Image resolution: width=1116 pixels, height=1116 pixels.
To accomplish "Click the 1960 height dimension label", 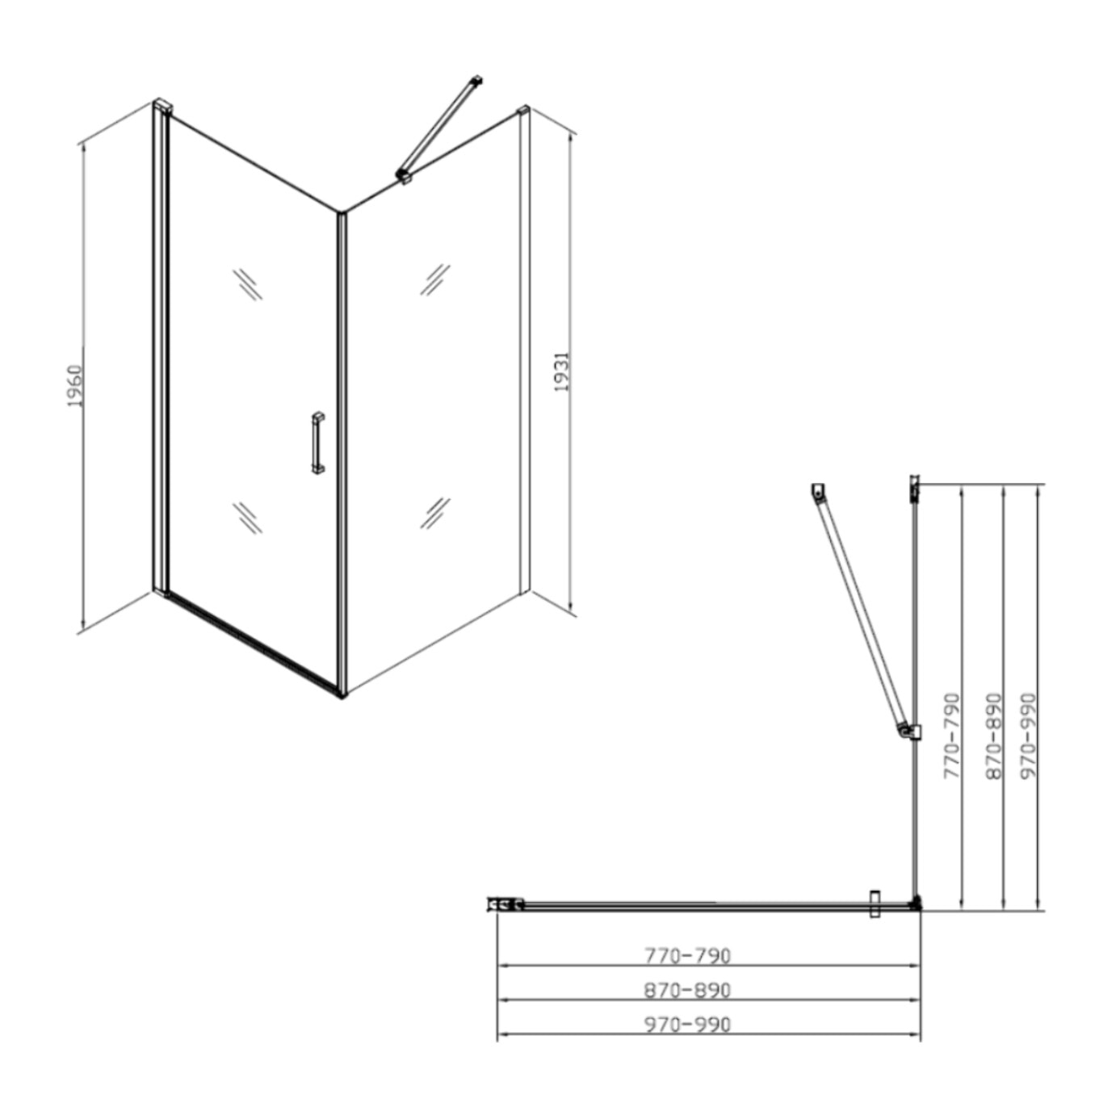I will pyautogui.click(x=75, y=386).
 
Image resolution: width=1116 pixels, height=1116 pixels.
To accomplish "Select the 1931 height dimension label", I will pyautogui.click(x=562, y=371).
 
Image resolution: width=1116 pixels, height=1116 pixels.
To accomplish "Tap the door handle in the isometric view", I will pyautogui.click(x=317, y=442).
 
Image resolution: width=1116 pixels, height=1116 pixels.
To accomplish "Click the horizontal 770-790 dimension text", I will pyautogui.click(x=687, y=955).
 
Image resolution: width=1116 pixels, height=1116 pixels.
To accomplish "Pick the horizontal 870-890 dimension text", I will pyautogui.click(x=687, y=990).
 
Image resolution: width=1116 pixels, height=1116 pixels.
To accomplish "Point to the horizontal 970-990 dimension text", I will pyautogui.click(x=687, y=1025).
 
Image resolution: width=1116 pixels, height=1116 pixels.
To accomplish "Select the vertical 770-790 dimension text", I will pyautogui.click(x=953, y=735).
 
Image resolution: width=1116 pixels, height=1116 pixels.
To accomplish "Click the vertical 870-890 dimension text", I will pyautogui.click(x=994, y=735).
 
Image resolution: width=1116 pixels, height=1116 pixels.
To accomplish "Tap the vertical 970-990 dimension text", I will pyautogui.click(x=1029, y=735).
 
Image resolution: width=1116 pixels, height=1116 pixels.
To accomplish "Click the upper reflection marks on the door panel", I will pyautogui.click(x=247, y=283).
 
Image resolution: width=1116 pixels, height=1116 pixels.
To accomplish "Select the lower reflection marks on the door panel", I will pyautogui.click(x=247, y=517).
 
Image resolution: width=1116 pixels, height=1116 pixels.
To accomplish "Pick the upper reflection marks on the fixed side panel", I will pyautogui.click(x=434, y=279).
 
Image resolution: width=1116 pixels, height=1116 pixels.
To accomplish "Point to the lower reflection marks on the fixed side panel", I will pyautogui.click(x=434, y=513).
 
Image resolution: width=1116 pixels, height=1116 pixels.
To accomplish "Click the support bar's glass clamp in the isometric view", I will pyautogui.click(x=403, y=175).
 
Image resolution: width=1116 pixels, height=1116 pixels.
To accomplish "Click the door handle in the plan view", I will pyautogui.click(x=874, y=904).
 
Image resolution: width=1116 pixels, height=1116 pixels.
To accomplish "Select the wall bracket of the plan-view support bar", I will pyautogui.click(x=819, y=490).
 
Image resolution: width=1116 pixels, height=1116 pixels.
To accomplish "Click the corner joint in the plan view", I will pyautogui.click(x=915, y=904).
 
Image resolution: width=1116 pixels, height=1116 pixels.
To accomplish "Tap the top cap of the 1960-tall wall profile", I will pyautogui.click(x=164, y=105).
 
